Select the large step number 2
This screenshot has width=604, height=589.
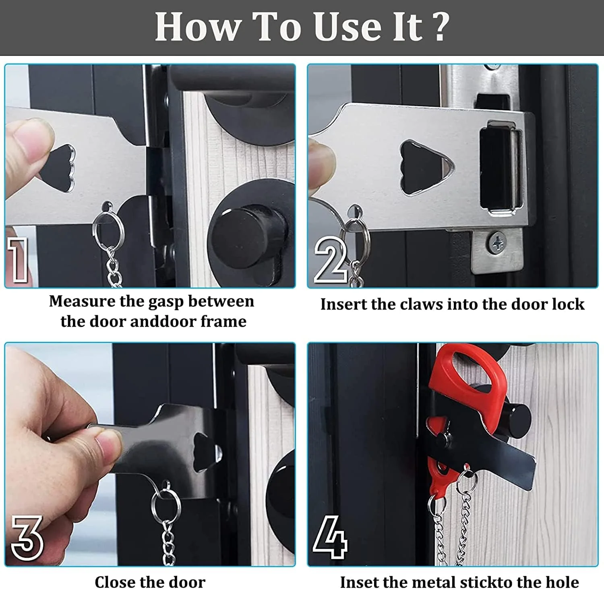point(330,260)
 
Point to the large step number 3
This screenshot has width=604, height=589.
point(27,537)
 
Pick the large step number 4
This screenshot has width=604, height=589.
point(330,537)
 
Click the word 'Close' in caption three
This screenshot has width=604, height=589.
point(115,582)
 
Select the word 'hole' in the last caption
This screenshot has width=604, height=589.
point(562,582)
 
